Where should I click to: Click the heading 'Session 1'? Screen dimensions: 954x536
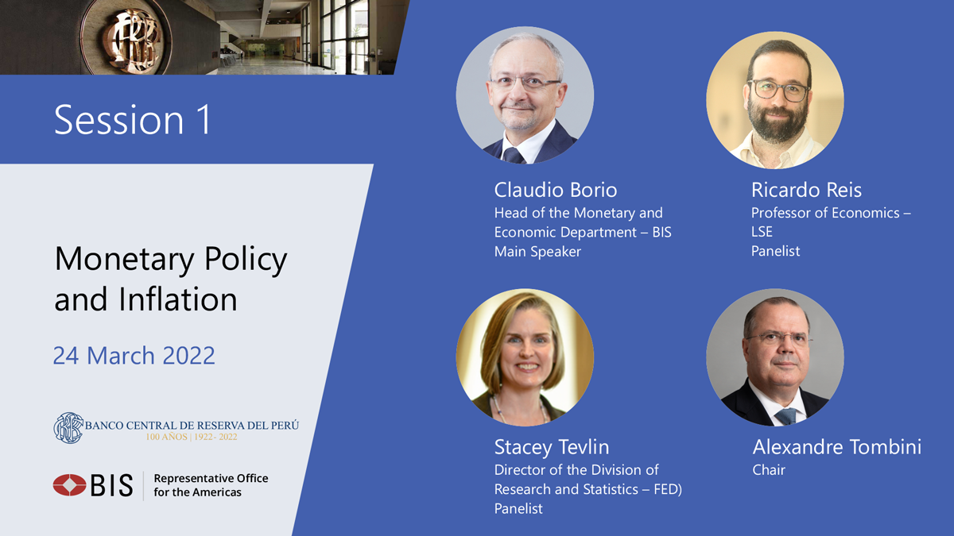click(x=133, y=120)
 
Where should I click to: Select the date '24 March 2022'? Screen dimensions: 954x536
click(x=134, y=356)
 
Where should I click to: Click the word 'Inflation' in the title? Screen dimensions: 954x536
click(x=177, y=299)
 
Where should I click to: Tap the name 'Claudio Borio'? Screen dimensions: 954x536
click(x=556, y=190)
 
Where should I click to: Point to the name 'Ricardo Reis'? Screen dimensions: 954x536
click(x=806, y=190)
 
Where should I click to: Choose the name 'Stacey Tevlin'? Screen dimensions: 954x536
click(x=552, y=447)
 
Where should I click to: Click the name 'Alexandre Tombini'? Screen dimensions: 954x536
click(x=837, y=447)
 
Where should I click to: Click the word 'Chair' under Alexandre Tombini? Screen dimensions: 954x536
click(x=769, y=470)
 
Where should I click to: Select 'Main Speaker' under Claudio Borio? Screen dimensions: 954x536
click(x=537, y=252)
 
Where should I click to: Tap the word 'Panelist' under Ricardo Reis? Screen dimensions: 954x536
click(x=776, y=251)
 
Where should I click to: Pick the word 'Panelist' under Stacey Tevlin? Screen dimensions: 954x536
click(x=518, y=508)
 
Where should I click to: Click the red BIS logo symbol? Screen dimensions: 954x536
click(x=69, y=485)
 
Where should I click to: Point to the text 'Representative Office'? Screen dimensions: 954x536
click(x=211, y=479)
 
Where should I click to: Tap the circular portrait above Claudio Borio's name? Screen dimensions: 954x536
click(x=525, y=95)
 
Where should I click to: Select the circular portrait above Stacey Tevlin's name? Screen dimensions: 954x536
click(x=525, y=357)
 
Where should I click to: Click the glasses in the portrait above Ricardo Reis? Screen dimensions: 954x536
click(x=778, y=91)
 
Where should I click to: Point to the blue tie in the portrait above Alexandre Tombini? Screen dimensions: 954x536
click(x=785, y=416)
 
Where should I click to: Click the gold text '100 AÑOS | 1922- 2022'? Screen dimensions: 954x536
click(x=192, y=437)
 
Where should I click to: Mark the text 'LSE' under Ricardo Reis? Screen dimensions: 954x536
click(x=762, y=232)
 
